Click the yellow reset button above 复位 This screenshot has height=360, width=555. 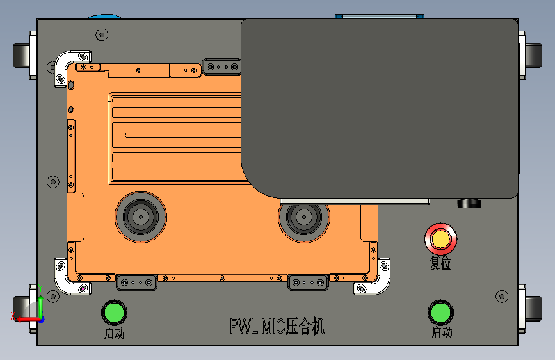pyautogui.click(x=440, y=239)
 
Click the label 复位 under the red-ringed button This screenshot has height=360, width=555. pyautogui.click(x=440, y=263)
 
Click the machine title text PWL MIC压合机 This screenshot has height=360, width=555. pyautogui.click(x=277, y=326)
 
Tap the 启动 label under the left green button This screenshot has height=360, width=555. pyautogui.click(x=115, y=334)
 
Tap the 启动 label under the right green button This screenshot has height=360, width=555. pyautogui.click(x=442, y=332)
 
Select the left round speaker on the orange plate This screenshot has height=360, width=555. pyautogui.click(x=141, y=217)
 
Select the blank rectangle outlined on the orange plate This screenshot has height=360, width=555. pyautogui.click(x=222, y=229)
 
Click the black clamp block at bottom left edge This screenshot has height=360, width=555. pyautogui.click(x=136, y=282)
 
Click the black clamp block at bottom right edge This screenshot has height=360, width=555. pyautogui.click(x=308, y=282)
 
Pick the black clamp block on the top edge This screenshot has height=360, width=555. pyautogui.click(x=222, y=67)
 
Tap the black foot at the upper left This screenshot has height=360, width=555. pyautogui.click(x=22, y=55)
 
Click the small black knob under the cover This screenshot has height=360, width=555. pyautogui.click(x=469, y=204)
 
